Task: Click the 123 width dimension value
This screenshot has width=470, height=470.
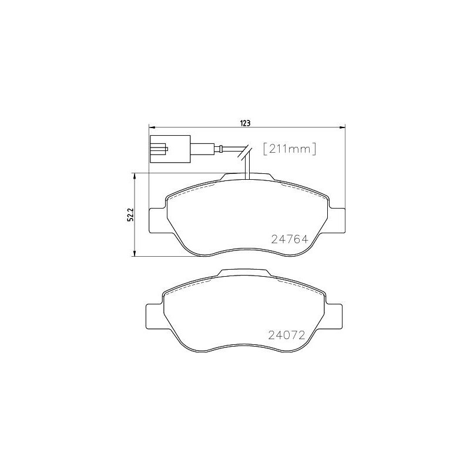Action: pyautogui.click(x=246, y=122)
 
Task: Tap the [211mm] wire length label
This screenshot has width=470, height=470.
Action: pyautogui.click(x=289, y=149)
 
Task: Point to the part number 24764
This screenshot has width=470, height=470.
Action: pyautogui.click(x=290, y=239)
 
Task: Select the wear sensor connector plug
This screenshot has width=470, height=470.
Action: pyautogui.click(x=170, y=149)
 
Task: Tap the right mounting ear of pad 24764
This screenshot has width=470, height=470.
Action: pyautogui.click(x=337, y=221)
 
